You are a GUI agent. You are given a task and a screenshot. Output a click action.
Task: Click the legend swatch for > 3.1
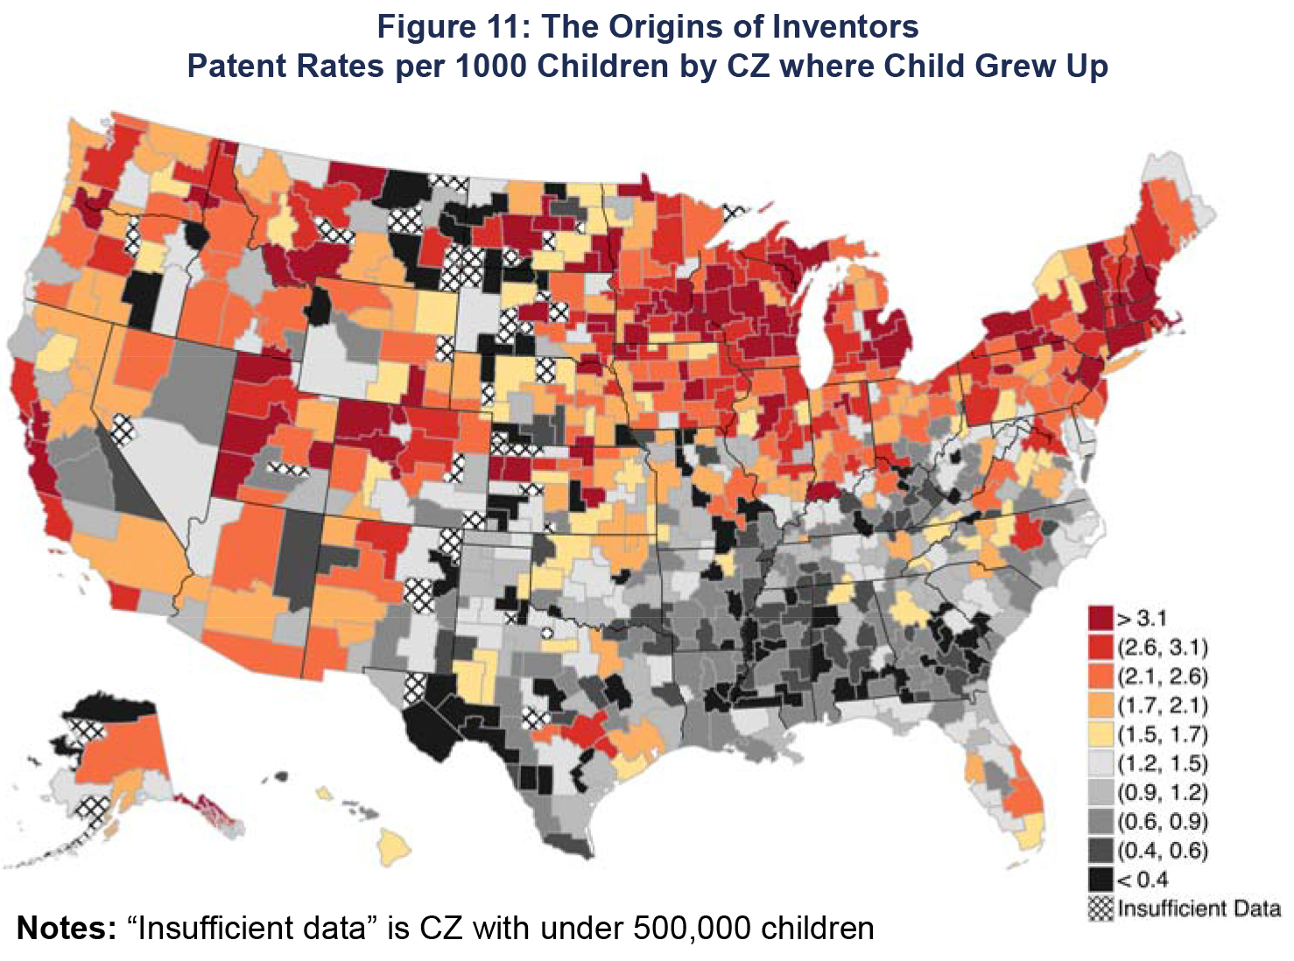(x=1101, y=618)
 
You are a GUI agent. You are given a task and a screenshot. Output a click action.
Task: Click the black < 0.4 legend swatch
(x=1101, y=879)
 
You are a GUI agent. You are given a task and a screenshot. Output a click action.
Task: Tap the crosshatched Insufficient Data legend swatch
(x=1101, y=908)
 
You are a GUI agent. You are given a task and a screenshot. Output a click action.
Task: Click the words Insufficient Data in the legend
(x=1199, y=908)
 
